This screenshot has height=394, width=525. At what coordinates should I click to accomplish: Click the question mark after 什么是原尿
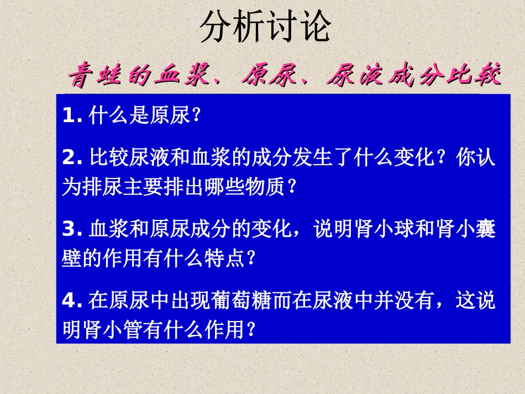click(195, 116)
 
